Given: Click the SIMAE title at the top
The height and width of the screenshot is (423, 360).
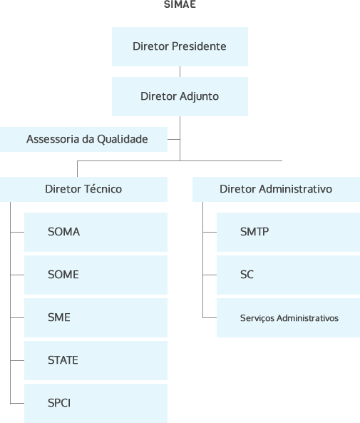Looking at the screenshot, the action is (x=180, y=4).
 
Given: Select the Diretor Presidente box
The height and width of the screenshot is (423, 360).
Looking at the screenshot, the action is (x=180, y=46).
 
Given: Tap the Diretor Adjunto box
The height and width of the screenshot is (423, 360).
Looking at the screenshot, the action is (x=180, y=96).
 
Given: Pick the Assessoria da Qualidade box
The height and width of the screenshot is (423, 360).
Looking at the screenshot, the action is (x=83, y=139).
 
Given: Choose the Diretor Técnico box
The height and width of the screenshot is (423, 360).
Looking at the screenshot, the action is (x=83, y=189).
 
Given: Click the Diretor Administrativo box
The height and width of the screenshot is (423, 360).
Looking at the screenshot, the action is (x=276, y=189).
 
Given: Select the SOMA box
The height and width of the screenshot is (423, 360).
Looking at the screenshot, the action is (x=96, y=232).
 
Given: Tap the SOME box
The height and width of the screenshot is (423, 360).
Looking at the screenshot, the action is (x=96, y=275).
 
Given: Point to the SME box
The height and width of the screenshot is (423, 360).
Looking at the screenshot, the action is (x=96, y=318).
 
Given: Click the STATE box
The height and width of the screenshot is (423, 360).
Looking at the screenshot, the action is (x=96, y=360).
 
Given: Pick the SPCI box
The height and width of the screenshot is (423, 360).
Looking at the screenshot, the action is (x=96, y=403).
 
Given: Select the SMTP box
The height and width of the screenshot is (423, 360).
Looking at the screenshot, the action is (x=288, y=232).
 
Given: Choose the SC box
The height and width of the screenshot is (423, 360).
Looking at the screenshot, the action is (x=288, y=275).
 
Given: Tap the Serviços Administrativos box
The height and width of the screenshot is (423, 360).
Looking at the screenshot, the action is (x=288, y=318).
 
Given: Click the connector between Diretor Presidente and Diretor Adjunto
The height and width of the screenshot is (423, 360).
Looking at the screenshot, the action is (x=180, y=72).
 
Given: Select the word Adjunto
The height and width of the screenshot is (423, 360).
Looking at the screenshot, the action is (x=199, y=97).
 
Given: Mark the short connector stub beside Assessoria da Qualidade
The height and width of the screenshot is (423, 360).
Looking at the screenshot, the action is (x=174, y=140).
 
